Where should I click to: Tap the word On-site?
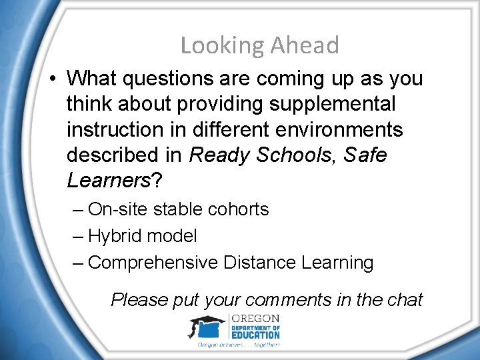(x=118, y=209)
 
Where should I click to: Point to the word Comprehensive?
(x=153, y=263)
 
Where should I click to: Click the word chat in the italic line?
(x=405, y=299)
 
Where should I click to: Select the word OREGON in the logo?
(x=255, y=318)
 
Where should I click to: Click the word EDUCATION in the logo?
(x=256, y=335)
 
